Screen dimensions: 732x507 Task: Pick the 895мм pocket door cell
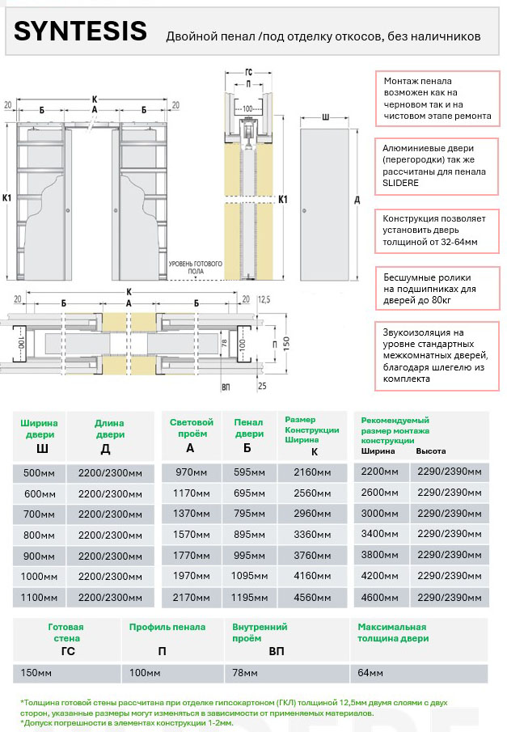click(250, 535)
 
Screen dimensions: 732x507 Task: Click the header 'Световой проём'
click(191, 428)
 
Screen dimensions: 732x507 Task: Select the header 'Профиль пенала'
click(167, 627)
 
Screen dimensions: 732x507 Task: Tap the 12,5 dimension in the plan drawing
click(264, 299)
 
